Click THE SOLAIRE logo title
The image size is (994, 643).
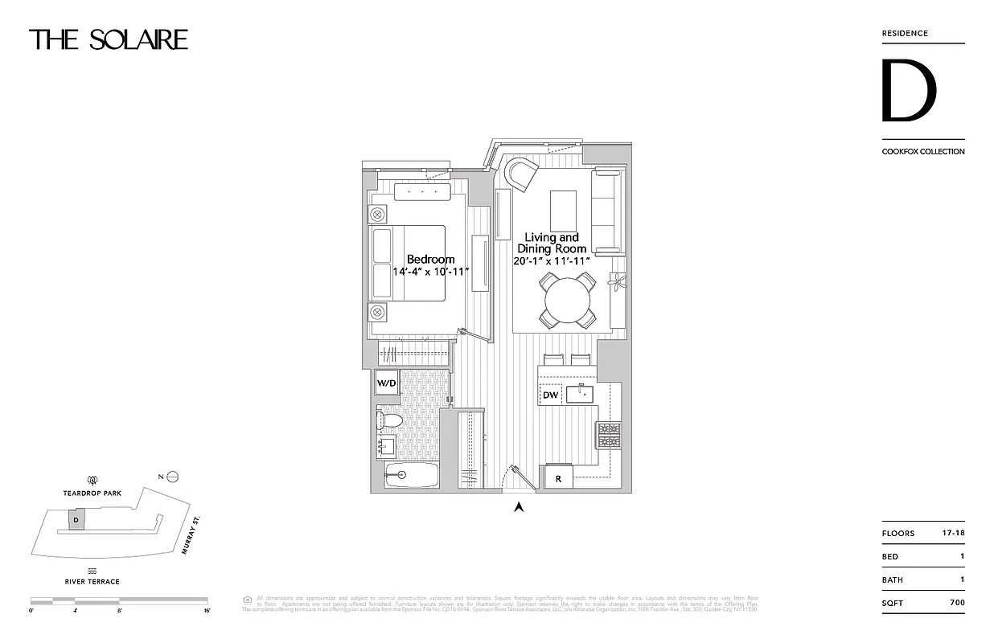(109, 39)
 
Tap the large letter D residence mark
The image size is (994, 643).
(908, 91)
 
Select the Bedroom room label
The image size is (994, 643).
(430, 260)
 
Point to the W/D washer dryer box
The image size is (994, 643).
(386, 383)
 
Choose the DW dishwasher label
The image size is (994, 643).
(550, 395)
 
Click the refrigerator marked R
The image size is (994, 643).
(558, 479)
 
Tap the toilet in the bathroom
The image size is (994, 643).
(389, 420)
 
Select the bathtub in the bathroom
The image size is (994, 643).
(411, 476)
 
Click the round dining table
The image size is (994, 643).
(568, 301)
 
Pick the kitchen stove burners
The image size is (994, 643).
(609, 435)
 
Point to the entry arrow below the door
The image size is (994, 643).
(520, 506)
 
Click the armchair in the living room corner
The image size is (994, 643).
(521, 173)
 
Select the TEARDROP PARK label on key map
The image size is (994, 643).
(92, 494)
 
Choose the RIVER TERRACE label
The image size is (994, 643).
(92, 581)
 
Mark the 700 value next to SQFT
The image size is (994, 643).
(956, 603)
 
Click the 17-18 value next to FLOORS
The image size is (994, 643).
(953, 533)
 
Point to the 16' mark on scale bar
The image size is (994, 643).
(207, 611)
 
